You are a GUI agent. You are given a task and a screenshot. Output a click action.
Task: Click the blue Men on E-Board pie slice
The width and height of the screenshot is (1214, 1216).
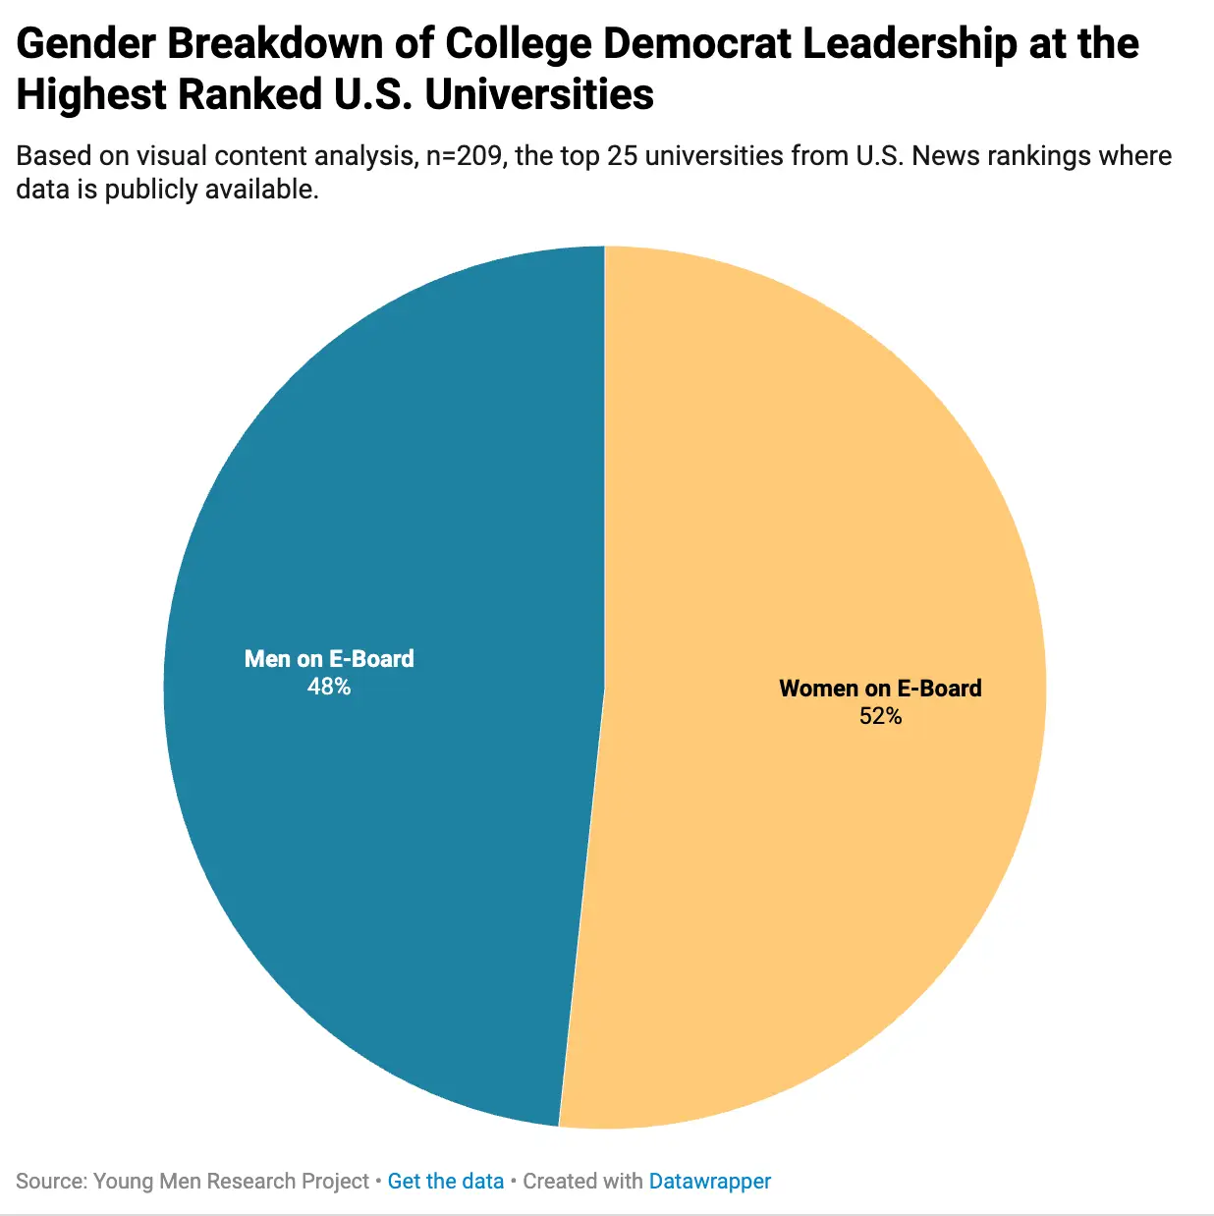[393, 835]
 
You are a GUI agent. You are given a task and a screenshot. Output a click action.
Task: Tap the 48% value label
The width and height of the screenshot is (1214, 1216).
[328, 687]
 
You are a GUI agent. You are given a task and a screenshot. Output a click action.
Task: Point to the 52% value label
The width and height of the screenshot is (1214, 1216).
[880, 716]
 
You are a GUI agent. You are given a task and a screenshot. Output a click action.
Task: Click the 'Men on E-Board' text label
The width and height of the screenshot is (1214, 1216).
[329, 658]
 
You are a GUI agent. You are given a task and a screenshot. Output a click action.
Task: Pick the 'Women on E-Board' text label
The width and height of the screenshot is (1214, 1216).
[880, 688]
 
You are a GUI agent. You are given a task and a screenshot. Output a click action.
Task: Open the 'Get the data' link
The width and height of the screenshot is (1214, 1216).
[445, 1181]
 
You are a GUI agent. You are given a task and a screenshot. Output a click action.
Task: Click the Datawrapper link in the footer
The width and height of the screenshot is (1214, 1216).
[709, 1181]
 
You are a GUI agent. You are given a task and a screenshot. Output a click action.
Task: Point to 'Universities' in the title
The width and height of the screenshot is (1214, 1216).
[539, 95]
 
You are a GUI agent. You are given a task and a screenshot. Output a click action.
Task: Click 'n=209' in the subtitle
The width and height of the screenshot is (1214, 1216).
[465, 156]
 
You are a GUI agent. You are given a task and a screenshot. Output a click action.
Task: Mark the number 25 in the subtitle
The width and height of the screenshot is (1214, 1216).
[623, 156]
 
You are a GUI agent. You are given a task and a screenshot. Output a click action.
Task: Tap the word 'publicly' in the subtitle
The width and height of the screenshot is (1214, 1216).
[150, 189]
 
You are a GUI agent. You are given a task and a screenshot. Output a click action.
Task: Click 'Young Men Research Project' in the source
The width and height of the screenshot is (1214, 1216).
[231, 1181]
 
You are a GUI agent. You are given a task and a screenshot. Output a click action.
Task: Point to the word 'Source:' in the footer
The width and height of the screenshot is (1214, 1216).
[51, 1181]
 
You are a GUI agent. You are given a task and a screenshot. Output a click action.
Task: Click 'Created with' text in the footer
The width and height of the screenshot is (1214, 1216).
[582, 1181]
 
